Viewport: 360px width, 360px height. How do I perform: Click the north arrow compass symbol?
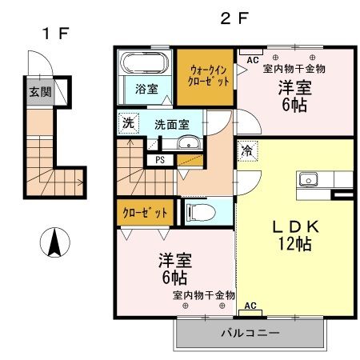(x=54, y=242)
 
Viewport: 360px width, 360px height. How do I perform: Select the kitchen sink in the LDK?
(x=309, y=179)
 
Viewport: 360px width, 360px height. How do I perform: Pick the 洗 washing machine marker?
(x=128, y=123)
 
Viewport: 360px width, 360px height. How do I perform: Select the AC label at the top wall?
(x=252, y=60)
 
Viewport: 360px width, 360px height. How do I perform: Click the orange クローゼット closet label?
(x=146, y=213)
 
